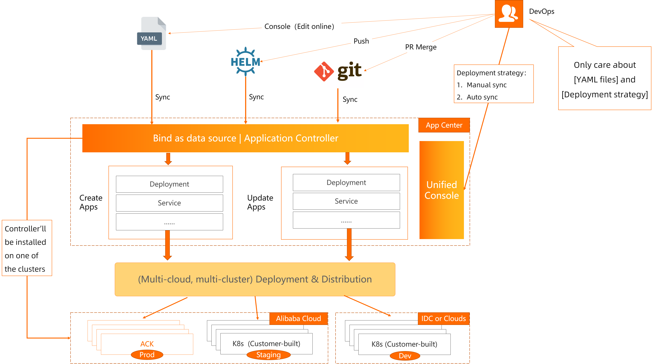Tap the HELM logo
(x=245, y=62)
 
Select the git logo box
(x=338, y=71)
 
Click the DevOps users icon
(x=509, y=14)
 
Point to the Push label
(x=361, y=41)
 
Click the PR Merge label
(x=421, y=47)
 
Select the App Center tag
(x=444, y=125)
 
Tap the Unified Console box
(x=442, y=190)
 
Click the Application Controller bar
(x=245, y=138)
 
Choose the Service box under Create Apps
(x=169, y=203)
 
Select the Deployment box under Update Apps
(x=346, y=182)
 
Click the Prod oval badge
(x=147, y=355)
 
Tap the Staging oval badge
(x=268, y=355)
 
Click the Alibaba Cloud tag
(x=298, y=319)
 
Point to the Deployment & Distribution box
(x=255, y=279)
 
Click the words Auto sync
(x=482, y=97)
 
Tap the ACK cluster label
(x=147, y=344)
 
